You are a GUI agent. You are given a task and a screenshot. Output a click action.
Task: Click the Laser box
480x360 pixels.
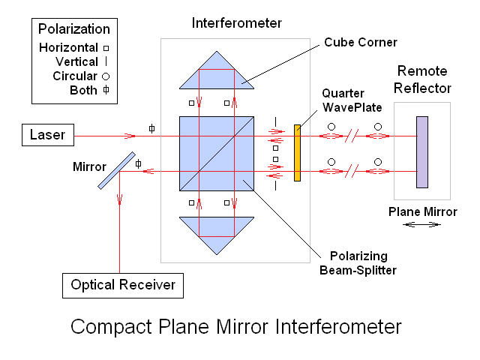coord(47,136)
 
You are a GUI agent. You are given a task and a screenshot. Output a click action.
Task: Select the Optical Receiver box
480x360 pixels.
coord(123,284)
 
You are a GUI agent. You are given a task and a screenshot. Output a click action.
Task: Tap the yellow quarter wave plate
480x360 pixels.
coord(297,153)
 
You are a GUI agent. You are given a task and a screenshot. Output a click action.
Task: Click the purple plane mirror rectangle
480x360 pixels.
coord(422,151)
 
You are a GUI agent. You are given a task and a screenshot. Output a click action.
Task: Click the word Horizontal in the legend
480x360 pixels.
coord(67,47)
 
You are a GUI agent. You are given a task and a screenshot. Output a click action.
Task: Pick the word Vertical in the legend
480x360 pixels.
coord(76,61)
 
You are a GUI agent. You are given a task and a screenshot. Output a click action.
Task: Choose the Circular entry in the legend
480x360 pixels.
coord(74,76)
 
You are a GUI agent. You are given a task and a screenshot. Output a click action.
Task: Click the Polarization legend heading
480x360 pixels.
coord(74,29)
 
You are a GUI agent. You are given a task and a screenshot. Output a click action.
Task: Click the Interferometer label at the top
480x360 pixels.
coord(237,23)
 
